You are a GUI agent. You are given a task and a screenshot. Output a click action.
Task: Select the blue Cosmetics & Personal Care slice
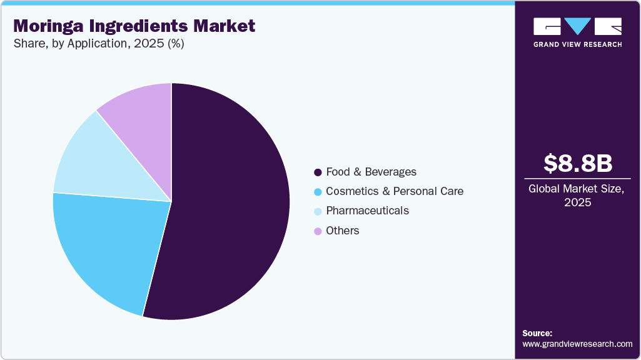tap(106, 244)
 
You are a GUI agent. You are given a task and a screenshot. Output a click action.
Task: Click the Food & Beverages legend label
tap(371, 172)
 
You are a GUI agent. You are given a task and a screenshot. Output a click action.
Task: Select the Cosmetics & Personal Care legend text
tap(395, 191)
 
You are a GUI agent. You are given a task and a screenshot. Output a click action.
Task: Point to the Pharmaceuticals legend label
tap(367, 211)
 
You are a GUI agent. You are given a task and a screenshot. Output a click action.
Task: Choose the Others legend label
tap(343, 231)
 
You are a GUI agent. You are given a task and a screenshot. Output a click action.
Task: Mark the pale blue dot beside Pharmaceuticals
tap(318, 211)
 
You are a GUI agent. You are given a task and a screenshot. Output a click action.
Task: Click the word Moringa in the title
tap(49, 26)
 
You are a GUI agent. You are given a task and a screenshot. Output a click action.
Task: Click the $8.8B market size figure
tap(577, 163)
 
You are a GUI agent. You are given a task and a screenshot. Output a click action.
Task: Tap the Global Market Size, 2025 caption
tap(577, 196)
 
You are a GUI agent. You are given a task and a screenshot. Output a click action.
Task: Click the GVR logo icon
tap(577, 26)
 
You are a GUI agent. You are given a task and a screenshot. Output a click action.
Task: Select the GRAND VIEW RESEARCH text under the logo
tap(577, 44)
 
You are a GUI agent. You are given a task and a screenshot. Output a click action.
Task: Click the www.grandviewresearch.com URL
tap(577, 344)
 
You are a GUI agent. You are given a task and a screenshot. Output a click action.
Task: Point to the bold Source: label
tap(537, 333)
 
